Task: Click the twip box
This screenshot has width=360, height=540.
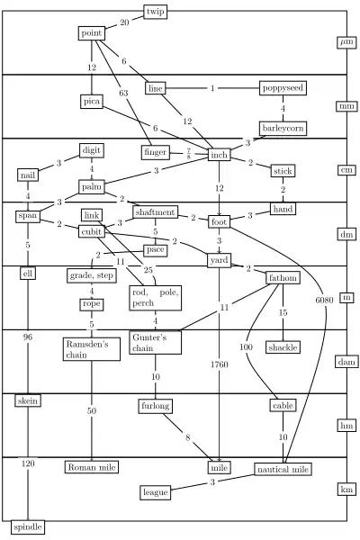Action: [156, 12]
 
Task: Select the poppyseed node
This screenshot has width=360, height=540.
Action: [283, 88]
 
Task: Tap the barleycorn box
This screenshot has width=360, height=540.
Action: [283, 129]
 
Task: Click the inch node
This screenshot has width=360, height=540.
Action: [219, 155]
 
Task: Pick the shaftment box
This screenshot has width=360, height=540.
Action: [155, 212]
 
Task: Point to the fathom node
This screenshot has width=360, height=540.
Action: [283, 278]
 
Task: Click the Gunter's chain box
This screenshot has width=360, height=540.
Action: [156, 343]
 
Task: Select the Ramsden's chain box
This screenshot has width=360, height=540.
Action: [92, 349]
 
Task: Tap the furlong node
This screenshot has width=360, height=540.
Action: [156, 406]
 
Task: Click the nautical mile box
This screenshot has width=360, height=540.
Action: [283, 470]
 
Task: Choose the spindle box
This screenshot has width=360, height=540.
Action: [28, 527]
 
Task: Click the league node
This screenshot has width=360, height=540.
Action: [156, 492]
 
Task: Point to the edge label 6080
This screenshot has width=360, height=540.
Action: [324, 301]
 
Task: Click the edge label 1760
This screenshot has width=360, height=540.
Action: [219, 364]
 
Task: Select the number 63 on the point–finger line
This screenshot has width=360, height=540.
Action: [123, 93]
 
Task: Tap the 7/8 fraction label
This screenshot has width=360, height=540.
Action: [189, 154]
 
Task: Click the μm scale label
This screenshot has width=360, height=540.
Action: [346, 42]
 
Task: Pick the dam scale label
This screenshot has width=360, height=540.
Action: [346, 362]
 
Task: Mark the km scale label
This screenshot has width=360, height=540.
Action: [346, 490]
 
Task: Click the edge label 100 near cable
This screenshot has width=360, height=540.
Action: [246, 347]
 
